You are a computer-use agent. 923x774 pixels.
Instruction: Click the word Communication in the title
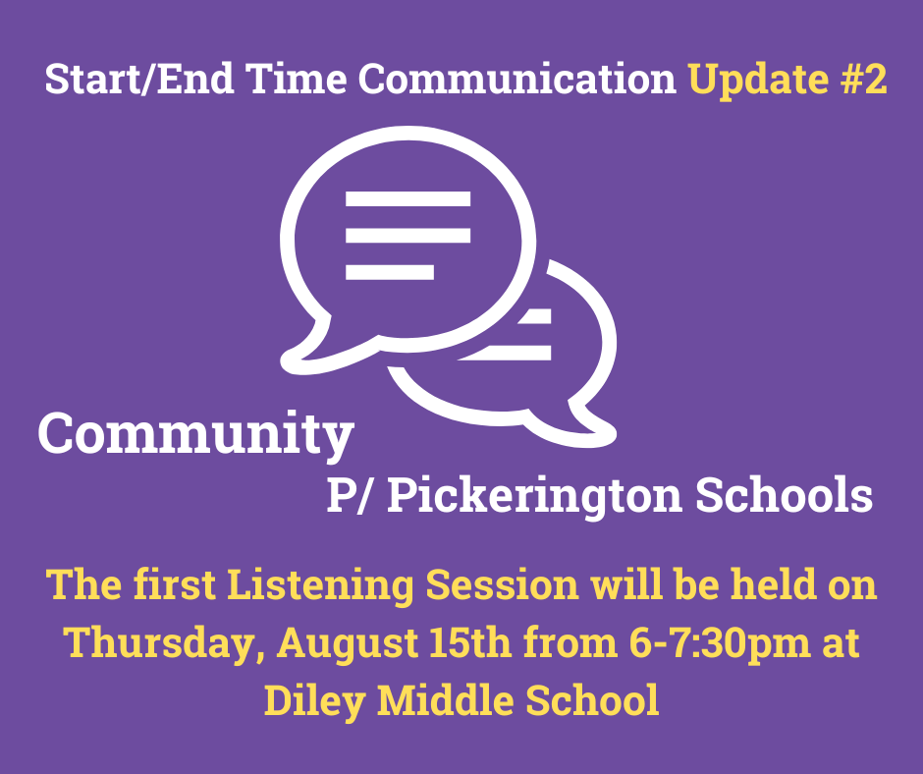click(x=517, y=79)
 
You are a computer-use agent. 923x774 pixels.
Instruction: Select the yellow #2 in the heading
click(x=863, y=79)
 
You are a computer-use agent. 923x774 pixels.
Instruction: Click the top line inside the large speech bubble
click(x=407, y=198)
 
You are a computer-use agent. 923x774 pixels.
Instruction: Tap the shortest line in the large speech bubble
click(x=390, y=271)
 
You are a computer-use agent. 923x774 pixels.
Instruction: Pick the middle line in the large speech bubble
click(x=407, y=235)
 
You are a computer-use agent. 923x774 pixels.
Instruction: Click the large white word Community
click(x=196, y=434)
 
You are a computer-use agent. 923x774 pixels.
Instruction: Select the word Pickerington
click(x=534, y=496)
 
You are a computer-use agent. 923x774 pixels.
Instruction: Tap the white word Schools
click(x=785, y=494)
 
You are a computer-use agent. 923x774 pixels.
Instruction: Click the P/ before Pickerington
click(x=351, y=495)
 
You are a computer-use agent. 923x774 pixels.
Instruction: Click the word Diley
click(x=314, y=701)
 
